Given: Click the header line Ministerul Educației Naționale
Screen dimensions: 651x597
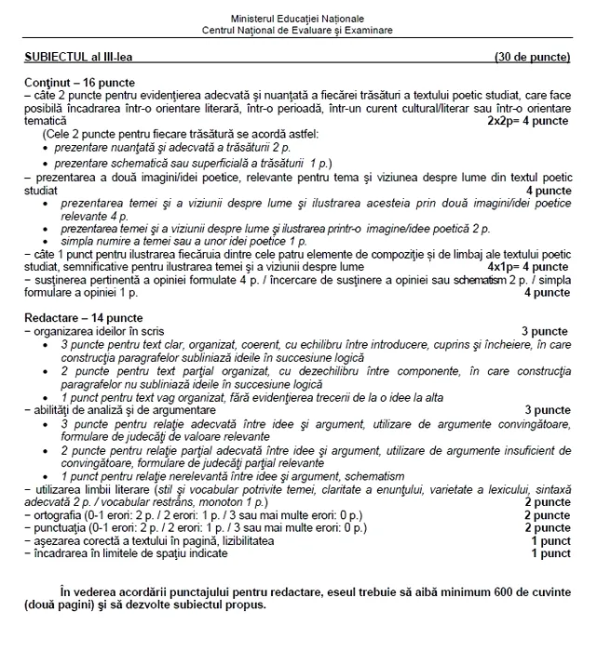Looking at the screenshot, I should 298,19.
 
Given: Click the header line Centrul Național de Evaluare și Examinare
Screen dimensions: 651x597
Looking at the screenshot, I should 298,30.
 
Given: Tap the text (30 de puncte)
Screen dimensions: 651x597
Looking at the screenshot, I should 533,58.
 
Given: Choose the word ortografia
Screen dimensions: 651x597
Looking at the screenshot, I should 60,514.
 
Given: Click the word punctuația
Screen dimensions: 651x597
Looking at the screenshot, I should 61,527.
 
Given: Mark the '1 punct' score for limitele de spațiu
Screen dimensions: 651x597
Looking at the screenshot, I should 550,553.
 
